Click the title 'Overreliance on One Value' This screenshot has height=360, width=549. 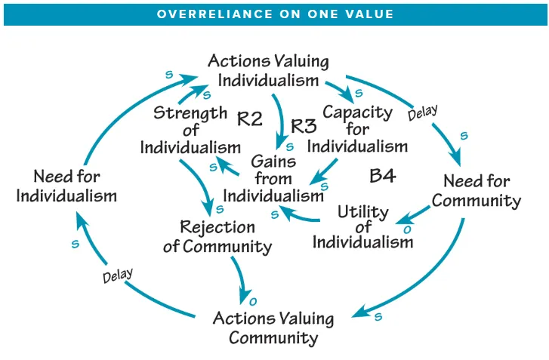274,14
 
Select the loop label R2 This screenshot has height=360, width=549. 249,118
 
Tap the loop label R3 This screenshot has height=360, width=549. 303,126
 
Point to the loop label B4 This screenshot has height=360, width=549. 383,177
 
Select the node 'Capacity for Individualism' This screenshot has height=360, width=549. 357,129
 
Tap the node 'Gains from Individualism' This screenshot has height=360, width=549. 273,179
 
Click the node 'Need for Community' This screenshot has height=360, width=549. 476,191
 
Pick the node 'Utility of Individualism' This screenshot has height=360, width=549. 362,226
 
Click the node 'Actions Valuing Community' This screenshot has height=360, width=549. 273,328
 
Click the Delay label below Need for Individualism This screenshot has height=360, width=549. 117,276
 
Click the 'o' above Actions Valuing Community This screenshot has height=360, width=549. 253,302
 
